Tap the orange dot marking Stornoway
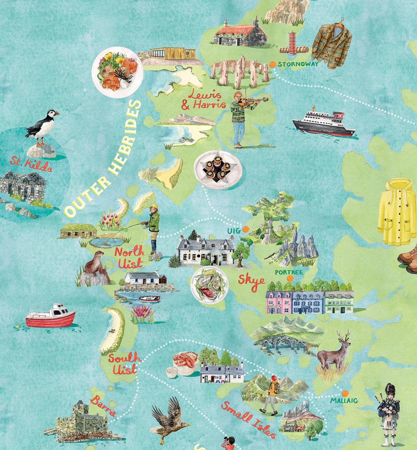pos(273,64)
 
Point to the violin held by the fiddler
pos(255,100)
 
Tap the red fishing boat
pos(51,316)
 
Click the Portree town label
pos(289,273)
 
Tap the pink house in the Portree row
pos(279,301)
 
